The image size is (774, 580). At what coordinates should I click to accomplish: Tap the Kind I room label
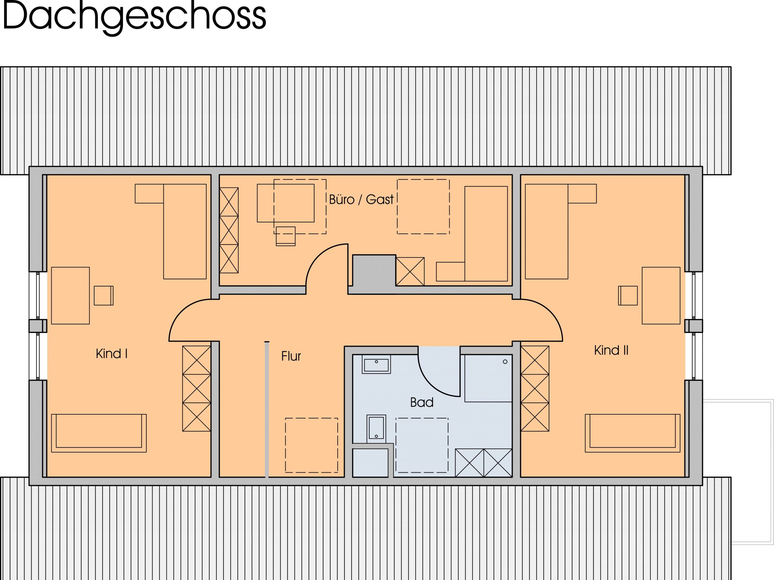[x=111, y=354]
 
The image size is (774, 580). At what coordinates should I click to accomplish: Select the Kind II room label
[x=611, y=350]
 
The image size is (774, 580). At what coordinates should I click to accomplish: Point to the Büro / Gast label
[x=361, y=200]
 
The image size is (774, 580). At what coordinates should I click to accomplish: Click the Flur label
[x=291, y=356]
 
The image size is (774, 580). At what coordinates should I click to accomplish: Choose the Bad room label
[x=422, y=402]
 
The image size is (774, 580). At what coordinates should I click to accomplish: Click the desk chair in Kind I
[x=103, y=295]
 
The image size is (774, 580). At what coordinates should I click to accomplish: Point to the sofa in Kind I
[x=99, y=433]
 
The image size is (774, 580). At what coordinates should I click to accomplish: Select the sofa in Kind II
[x=632, y=433]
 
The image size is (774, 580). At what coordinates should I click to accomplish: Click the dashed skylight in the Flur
[x=312, y=445]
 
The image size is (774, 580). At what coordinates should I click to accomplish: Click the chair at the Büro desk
[x=285, y=236]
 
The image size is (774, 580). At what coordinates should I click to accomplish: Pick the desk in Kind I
[x=70, y=295]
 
